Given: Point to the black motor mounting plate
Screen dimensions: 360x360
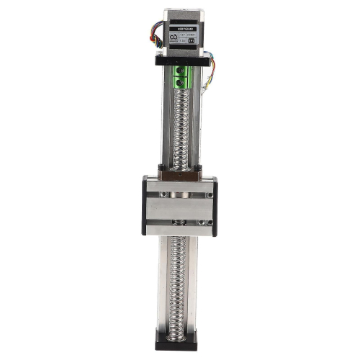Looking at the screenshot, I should click(179, 60).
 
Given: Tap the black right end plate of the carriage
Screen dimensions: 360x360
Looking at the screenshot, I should click(215, 206).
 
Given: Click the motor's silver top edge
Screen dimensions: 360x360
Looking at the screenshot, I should click(179, 12).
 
